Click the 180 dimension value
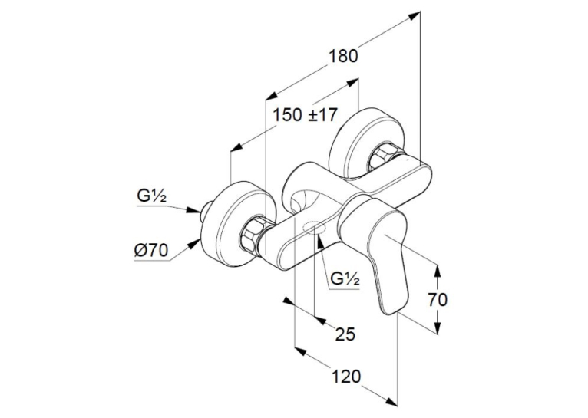[343, 56]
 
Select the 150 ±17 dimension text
[305, 115]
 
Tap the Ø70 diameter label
[151, 250]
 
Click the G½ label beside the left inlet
[151, 196]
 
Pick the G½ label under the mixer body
[345, 279]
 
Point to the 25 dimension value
[345, 334]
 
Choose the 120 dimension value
[345, 377]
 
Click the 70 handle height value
[438, 300]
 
